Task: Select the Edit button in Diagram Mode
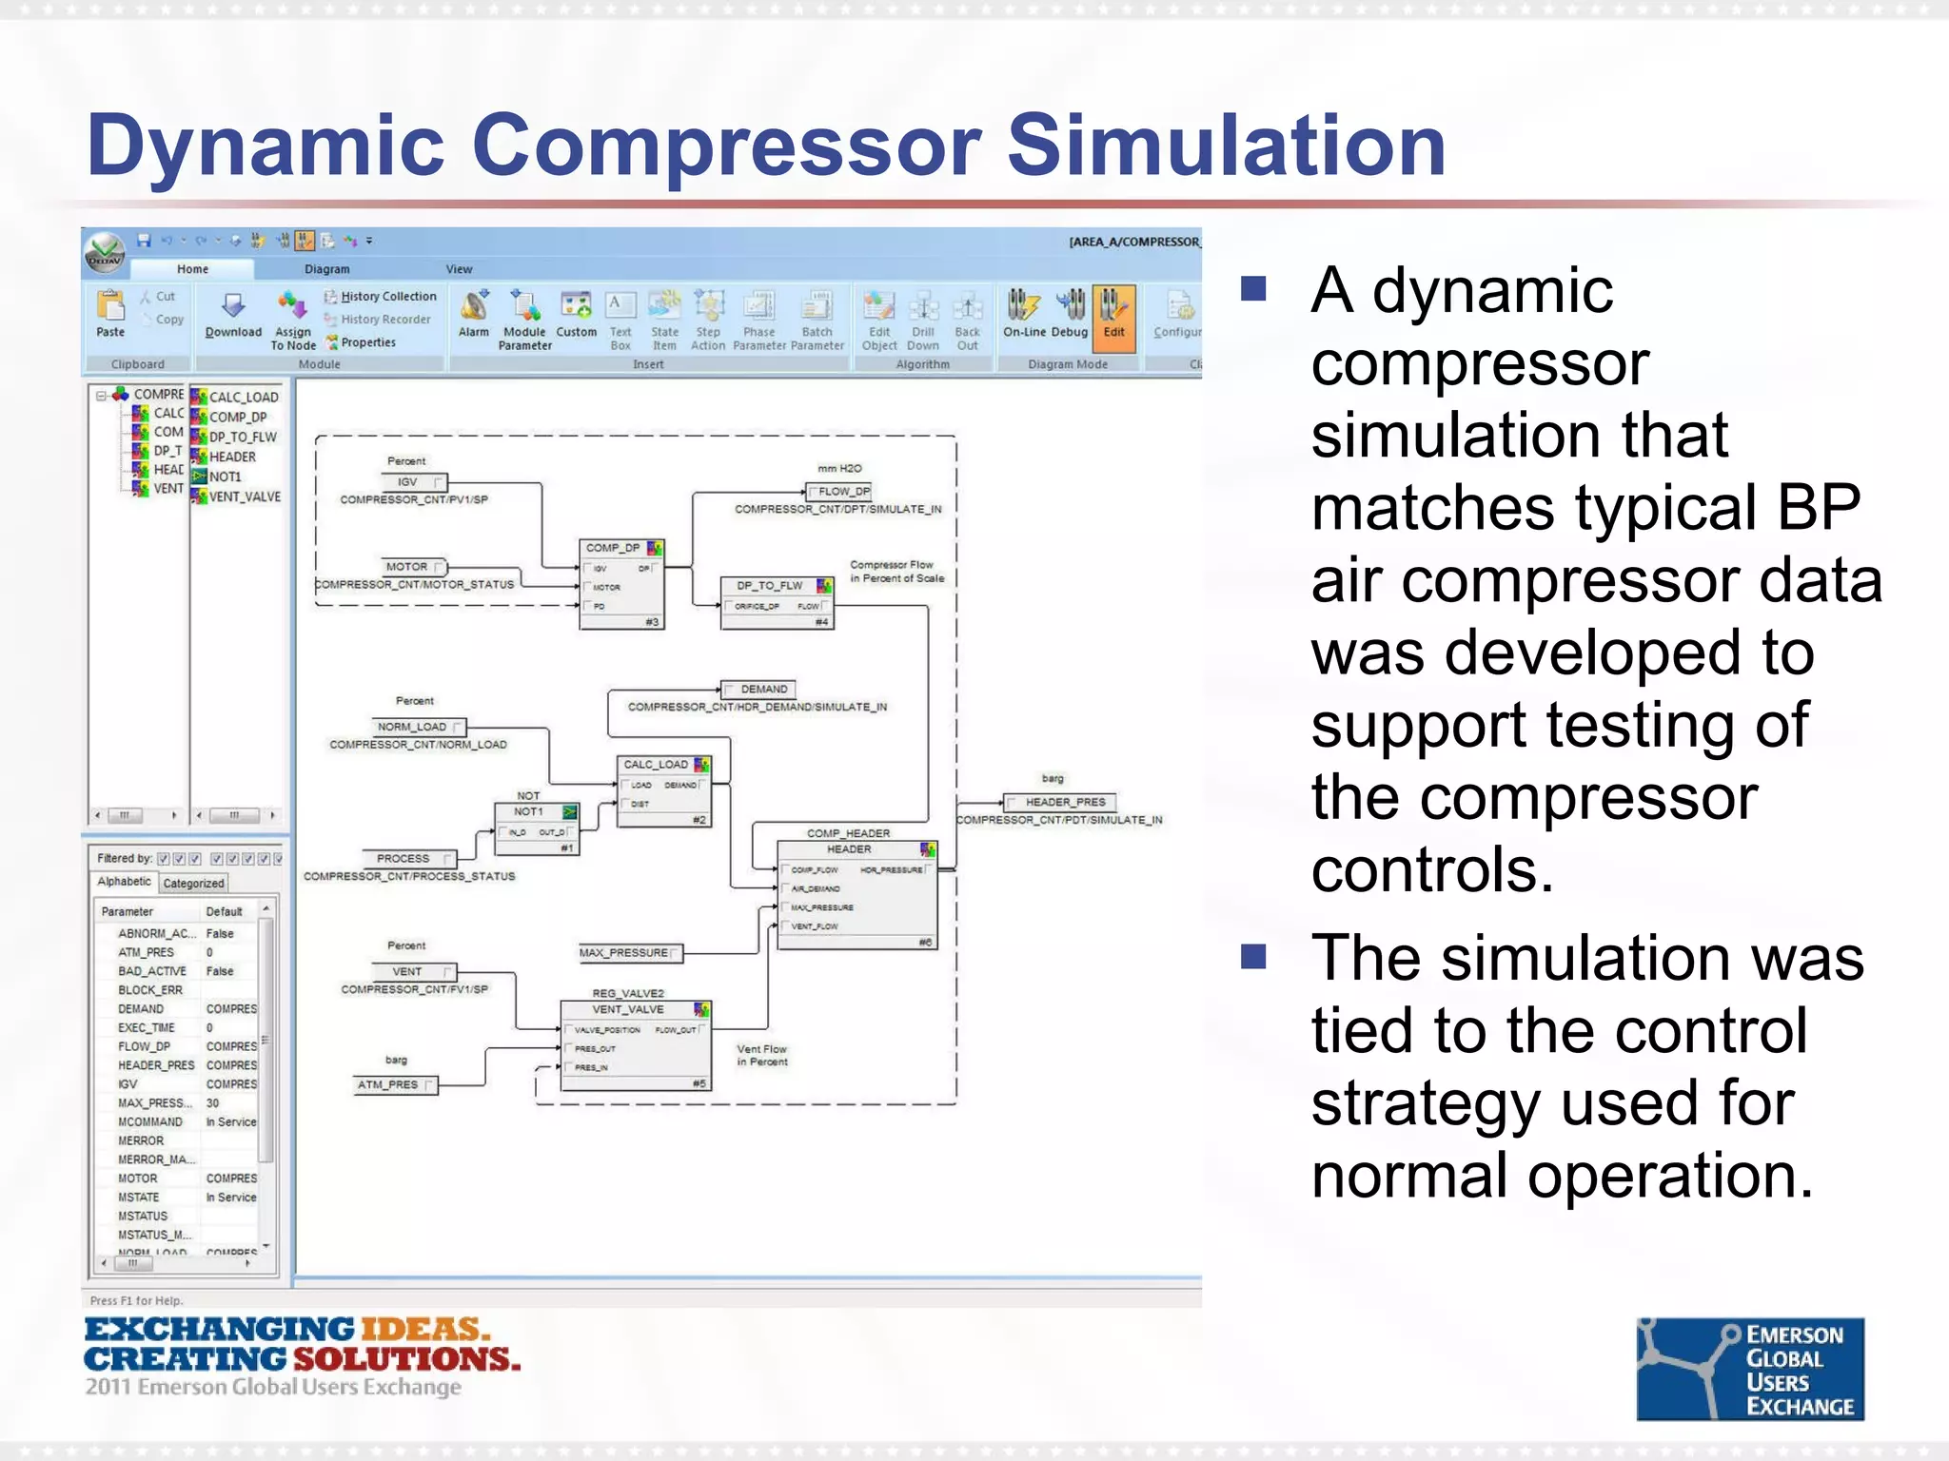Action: pyautogui.click(x=1113, y=316)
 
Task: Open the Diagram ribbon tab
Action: pyautogui.click(x=326, y=269)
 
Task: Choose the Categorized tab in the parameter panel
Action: pyautogui.click(x=193, y=883)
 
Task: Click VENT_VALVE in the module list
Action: pyautogui.click(x=244, y=497)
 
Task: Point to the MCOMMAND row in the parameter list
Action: pyautogui.click(x=150, y=1121)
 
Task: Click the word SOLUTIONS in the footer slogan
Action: pyautogui.click(x=406, y=1358)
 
